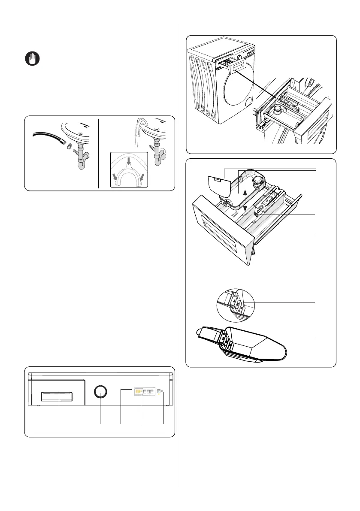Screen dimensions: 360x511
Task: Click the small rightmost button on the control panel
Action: coord(160,391)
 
